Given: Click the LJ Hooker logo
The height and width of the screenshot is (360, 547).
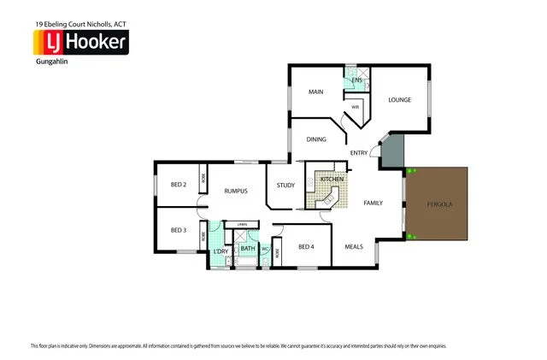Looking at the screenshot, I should pyautogui.click(x=80, y=42).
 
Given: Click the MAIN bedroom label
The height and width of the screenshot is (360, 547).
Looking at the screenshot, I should pyautogui.click(x=315, y=92).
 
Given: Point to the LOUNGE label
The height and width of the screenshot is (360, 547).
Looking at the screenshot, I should pyautogui.click(x=400, y=100).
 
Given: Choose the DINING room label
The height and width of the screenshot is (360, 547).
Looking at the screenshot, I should pyautogui.click(x=317, y=139).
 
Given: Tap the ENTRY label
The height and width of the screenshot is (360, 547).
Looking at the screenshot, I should pyautogui.click(x=359, y=154).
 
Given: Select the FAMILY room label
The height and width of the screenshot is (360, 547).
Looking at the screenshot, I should pyautogui.click(x=373, y=203).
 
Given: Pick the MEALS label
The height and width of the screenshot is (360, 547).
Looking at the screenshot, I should pyautogui.click(x=354, y=246).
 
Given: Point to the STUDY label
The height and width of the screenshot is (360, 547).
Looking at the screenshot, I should pyautogui.click(x=285, y=186).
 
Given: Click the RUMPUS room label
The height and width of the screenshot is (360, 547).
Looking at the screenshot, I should pyautogui.click(x=236, y=191).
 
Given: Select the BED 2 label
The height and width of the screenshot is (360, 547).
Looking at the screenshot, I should pyautogui.click(x=179, y=185).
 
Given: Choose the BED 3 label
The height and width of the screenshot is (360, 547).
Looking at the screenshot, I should pyautogui.click(x=178, y=230).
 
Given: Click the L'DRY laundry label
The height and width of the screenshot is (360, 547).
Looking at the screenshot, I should pyautogui.click(x=220, y=251).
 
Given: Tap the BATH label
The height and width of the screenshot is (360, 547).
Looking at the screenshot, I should pyautogui.click(x=247, y=249).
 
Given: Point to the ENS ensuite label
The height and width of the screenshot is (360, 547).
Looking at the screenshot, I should pyautogui.click(x=357, y=80).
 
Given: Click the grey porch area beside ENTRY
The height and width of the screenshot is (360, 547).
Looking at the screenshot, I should pyautogui.click(x=390, y=153).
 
